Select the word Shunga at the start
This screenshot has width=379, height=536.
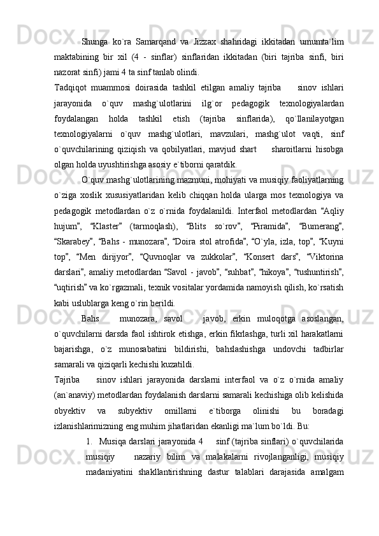(95, 24)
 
